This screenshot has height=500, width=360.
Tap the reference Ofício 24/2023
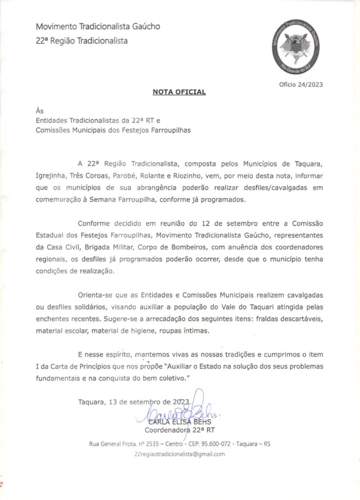coord(300,84)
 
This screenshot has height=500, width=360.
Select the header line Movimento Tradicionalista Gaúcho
coord(98,26)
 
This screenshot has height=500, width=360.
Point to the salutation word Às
coord(40,111)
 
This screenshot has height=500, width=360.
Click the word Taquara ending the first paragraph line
coord(308,162)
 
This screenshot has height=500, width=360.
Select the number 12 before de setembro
coord(206,224)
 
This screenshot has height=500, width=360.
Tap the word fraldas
coord(273,319)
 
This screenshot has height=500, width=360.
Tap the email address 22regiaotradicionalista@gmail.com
coord(180,454)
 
